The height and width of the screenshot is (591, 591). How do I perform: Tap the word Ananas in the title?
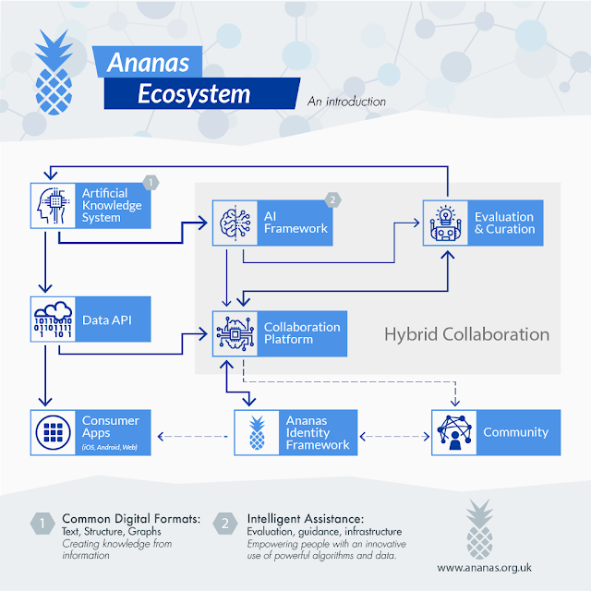coord(148,63)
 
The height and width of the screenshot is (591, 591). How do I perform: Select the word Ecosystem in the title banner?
coord(194,94)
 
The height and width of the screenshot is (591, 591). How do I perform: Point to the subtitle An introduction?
coord(346,102)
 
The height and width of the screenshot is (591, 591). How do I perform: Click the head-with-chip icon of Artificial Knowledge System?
coord(53,206)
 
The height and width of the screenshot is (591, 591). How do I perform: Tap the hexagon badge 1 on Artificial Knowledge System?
coord(151,183)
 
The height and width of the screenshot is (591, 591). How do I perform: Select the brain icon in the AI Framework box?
coord(235,223)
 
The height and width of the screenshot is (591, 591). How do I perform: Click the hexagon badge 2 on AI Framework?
coord(332,199)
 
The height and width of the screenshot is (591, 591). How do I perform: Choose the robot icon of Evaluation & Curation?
coord(445,223)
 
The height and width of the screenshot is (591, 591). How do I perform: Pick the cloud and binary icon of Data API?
coord(53,320)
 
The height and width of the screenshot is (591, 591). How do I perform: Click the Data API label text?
coord(107,320)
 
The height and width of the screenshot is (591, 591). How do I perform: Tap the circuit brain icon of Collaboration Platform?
coord(235,333)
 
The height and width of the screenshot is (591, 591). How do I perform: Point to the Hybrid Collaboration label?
coord(466,334)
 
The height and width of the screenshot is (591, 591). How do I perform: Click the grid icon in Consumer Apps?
coord(53,433)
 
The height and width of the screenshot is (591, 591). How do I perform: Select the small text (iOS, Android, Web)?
coord(109,447)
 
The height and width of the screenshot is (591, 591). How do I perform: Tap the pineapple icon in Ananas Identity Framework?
coord(257,433)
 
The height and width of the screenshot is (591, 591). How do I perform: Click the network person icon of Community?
coord(454,432)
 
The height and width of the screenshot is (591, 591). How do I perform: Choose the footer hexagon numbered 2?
coord(225,524)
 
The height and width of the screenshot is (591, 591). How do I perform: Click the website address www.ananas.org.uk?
coord(484,568)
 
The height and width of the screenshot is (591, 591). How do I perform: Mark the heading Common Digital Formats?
coord(131,519)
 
